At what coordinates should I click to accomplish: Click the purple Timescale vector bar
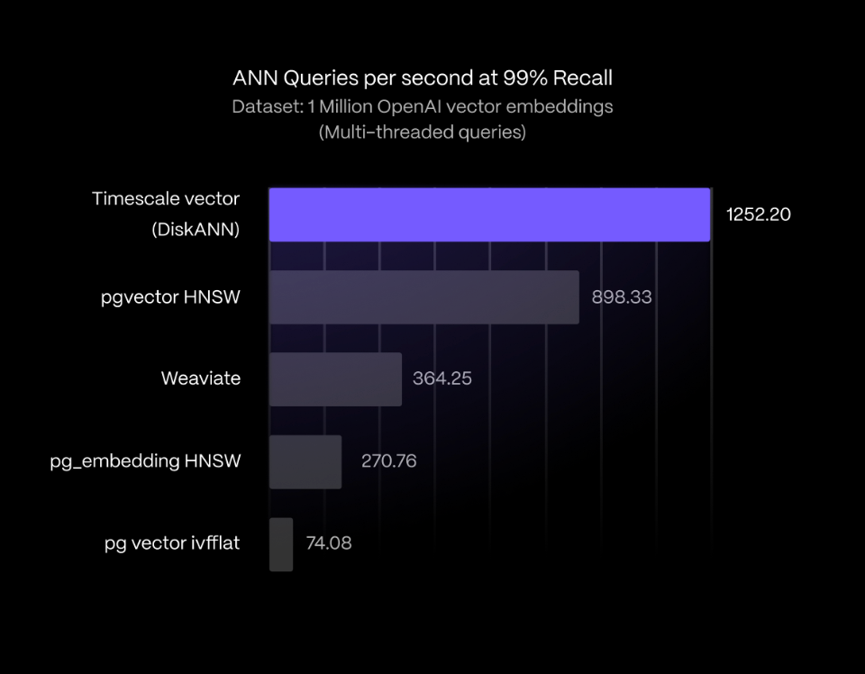(489, 214)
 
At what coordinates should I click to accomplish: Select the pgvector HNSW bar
(423, 296)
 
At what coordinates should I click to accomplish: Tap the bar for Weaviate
(335, 379)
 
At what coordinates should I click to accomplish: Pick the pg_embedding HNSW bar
(305, 461)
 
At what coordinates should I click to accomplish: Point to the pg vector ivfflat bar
(281, 544)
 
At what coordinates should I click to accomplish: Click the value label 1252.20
(759, 214)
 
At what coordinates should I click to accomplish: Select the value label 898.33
(622, 296)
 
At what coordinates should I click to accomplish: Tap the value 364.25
(442, 378)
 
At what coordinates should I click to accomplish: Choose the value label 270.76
(388, 461)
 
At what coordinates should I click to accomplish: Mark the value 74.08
(327, 543)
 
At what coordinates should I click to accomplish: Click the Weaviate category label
(201, 378)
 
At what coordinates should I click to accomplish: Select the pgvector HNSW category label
(171, 296)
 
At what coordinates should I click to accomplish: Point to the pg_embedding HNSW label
(145, 461)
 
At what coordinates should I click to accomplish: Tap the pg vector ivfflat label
(172, 543)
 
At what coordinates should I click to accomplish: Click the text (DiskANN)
(196, 230)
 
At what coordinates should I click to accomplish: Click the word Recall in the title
(584, 78)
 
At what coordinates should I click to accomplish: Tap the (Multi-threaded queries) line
(423, 132)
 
